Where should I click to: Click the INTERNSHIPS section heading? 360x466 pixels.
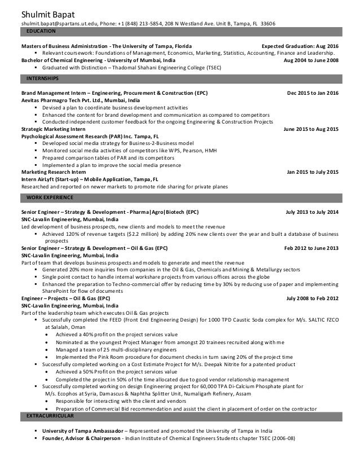pos(45,77)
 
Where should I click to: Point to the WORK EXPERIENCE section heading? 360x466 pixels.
pos(51,197)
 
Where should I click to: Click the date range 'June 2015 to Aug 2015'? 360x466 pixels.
pos(311,129)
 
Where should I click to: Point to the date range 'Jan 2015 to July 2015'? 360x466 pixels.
pos(313,172)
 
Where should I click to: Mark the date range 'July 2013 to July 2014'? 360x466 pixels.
pos(312,212)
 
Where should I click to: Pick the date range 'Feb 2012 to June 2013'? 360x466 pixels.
pos(311,248)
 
